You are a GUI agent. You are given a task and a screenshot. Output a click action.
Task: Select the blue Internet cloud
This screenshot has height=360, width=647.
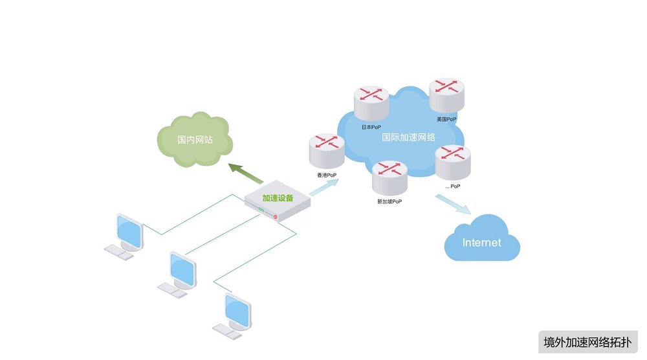pyautogui.click(x=482, y=241)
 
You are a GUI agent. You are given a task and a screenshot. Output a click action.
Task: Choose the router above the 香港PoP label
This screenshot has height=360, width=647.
pyautogui.click(x=326, y=151)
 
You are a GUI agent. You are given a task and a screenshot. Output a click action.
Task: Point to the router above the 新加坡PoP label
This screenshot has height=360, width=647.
pyautogui.click(x=389, y=177)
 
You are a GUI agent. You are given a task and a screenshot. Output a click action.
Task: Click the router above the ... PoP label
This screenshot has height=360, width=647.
pyautogui.click(x=453, y=162)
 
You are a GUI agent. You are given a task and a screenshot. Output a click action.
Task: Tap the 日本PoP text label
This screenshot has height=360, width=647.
pyautogui.click(x=371, y=127)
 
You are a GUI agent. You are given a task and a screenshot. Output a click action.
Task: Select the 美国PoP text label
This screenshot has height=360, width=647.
pyautogui.click(x=446, y=119)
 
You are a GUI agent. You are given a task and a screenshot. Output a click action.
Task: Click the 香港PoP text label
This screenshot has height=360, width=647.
pyautogui.click(x=326, y=175)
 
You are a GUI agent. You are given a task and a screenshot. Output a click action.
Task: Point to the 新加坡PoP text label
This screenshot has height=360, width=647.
pyautogui.click(x=389, y=201)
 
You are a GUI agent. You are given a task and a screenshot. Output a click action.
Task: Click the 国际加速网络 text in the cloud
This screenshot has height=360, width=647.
pyautogui.click(x=409, y=137)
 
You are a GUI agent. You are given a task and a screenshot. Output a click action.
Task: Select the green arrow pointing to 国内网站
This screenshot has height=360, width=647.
pyautogui.click(x=246, y=174)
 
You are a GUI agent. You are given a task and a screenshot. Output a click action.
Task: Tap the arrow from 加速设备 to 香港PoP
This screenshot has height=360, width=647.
pyautogui.click(x=323, y=186)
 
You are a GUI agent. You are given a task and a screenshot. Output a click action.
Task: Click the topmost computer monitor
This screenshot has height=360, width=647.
pyautogui.click(x=129, y=231)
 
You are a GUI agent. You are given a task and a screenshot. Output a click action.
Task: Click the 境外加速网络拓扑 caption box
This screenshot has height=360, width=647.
pyautogui.click(x=587, y=343)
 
